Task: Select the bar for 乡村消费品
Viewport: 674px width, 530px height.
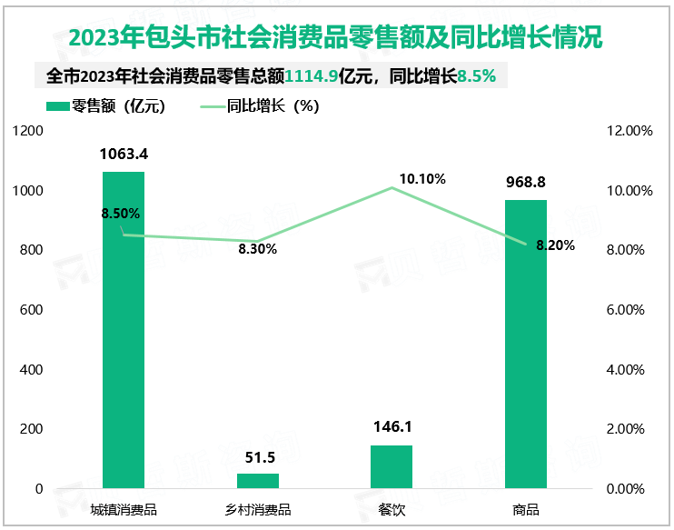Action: (x=258, y=481)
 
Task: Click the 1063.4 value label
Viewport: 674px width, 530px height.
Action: (x=124, y=155)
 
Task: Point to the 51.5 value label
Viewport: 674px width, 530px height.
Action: (x=258, y=456)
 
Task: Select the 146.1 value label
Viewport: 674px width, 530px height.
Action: (x=392, y=428)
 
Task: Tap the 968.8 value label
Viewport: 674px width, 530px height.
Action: (x=526, y=183)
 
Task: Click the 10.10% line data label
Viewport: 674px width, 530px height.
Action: (x=422, y=179)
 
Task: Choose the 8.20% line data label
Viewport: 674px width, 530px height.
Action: (x=555, y=245)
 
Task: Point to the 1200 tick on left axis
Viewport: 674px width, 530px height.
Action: (x=30, y=131)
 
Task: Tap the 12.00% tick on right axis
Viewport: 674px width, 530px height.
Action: (x=629, y=131)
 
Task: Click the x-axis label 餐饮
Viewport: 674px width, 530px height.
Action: (x=392, y=510)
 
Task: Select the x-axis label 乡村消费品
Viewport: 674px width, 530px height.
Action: (x=258, y=510)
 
